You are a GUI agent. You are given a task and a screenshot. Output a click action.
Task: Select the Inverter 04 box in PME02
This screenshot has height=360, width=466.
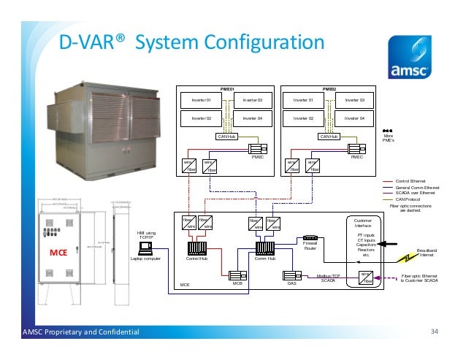pyautogui.click(x=354, y=117)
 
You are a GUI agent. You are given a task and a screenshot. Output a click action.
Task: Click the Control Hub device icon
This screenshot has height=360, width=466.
pyautogui.click(x=197, y=248)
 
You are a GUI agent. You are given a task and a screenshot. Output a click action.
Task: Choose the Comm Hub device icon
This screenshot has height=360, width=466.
pyautogui.click(x=264, y=248)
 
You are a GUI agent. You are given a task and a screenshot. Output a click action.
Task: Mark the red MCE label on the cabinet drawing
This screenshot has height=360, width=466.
pyautogui.click(x=58, y=253)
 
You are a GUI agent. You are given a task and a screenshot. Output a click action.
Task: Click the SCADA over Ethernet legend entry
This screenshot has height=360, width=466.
pyautogui.click(x=413, y=192)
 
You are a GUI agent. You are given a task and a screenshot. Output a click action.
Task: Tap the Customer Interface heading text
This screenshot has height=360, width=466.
pyautogui.click(x=362, y=223)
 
